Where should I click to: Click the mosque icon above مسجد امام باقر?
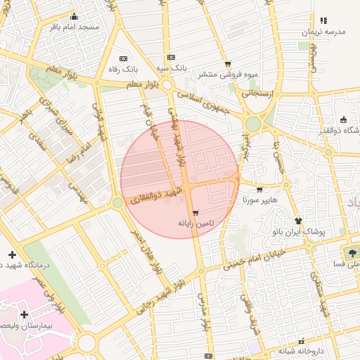click(x=75, y=17)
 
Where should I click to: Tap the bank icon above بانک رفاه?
click(x=124, y=58)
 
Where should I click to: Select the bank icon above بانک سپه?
click(x=171, y=58)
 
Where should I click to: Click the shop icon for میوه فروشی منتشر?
click(x=228, y=64)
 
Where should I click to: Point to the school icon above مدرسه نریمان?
click(x=323, y=21)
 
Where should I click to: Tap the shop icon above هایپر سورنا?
click(x=259, y=189)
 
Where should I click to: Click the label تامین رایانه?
click(x=195, y=223)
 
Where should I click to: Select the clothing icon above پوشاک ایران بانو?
click(x=298, y=220)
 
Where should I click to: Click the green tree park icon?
click(x=350, y=251)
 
